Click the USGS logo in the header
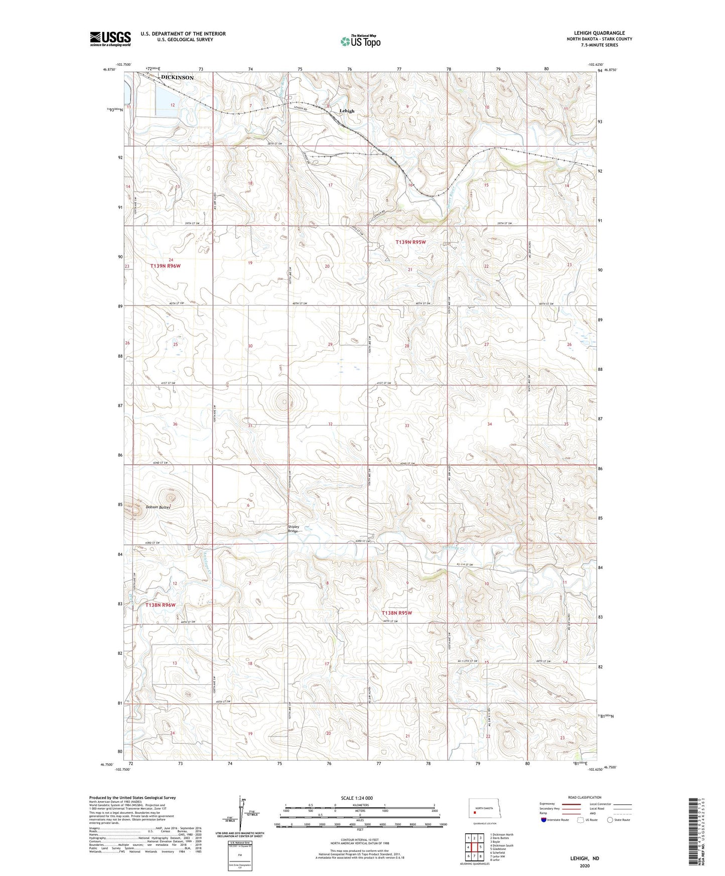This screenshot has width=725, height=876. pyautogui.click(x=110, y=39)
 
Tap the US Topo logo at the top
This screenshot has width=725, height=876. pyautogui.click(x=360, y=42)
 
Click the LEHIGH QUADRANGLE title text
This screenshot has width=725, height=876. pyautogui.click(x=599, y=33)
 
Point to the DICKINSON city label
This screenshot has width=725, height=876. pyautogui.click(x=177, y=78)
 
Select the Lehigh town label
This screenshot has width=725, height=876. pyautogui.click(x=347, y=111)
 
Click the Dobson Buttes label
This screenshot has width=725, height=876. pyautogui.click(x=158, y=507)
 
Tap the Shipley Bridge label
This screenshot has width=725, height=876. pyautogui.click(x=294, y=529)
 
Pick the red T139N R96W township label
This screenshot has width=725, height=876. pyautogui.click(x=165, y=266)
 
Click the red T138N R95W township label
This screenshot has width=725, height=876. pyautogui.click(x=397, y=613)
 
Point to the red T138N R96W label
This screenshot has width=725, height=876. pyautogui.click(x=161, y=605)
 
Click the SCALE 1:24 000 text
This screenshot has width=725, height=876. pyautogui.click(x=357, y=798)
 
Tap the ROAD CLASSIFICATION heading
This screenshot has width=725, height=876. pyautogui.click(x=585, y=797)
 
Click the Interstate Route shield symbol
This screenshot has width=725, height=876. pyautogui.click(x=544, y=820)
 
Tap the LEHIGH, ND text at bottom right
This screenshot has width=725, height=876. pyautogui.click(x=585, y=858)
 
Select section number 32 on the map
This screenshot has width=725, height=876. pyautogui.click(x=330, y=424)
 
